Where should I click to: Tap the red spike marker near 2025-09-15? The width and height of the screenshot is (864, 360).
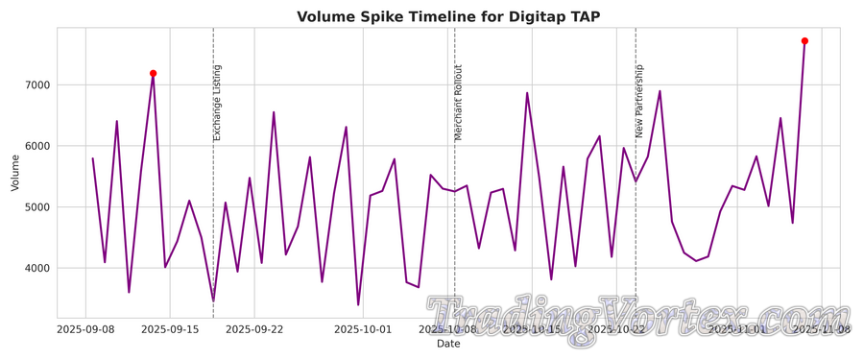tap(153, 73)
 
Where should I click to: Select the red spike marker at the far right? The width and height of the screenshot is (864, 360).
tap(804, 40)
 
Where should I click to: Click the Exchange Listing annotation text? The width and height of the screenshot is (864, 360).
tap(217, 103)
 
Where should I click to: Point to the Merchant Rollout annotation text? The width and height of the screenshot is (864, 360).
tap(459, 103)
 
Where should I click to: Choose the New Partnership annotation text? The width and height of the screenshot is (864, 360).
tap(639, 102)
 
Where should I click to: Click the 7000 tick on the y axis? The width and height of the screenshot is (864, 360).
tap(35, 85)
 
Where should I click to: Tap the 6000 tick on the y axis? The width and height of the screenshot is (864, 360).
tap(35, 146)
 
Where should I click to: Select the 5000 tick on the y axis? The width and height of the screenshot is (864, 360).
tap(35, 207)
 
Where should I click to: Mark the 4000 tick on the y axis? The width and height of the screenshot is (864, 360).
tap(35, 268)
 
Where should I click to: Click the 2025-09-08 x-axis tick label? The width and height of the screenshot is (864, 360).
tap(85, 329)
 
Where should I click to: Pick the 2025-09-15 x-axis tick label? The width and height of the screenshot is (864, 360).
tap(170, 329)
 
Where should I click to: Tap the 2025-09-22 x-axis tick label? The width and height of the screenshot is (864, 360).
tap(254, 329)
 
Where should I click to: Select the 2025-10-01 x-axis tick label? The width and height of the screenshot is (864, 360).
tap(363, 329)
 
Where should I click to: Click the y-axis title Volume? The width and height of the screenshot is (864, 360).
tap(14, 172)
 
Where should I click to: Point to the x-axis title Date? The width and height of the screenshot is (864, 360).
tap(448, 344)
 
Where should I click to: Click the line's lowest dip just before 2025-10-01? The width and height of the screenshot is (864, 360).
tap(358, 305)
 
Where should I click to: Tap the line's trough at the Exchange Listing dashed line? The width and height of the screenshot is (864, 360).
tap(213, 300)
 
